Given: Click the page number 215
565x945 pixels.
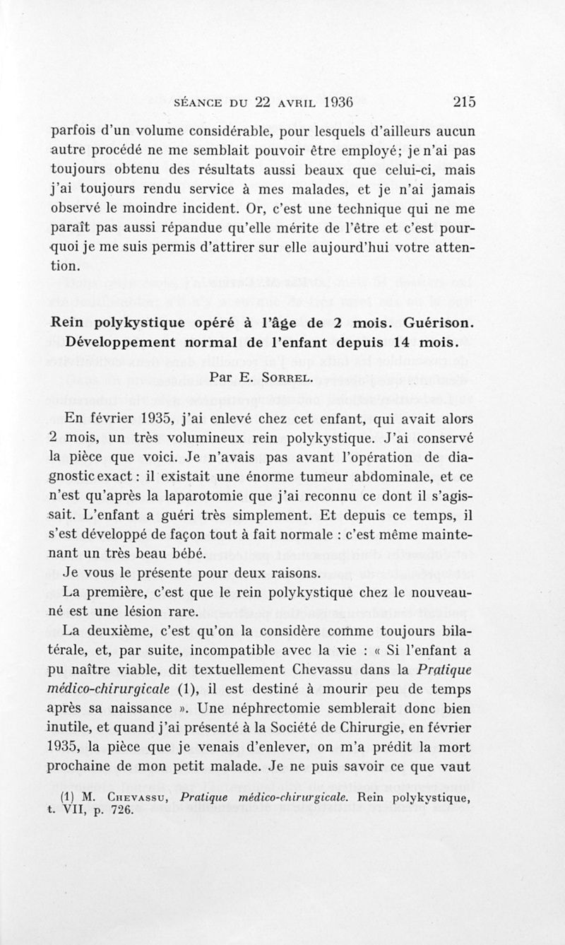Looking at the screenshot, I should click(x=464, y=101).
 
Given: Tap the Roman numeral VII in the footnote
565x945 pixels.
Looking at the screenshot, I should click(x=72, y=810).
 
